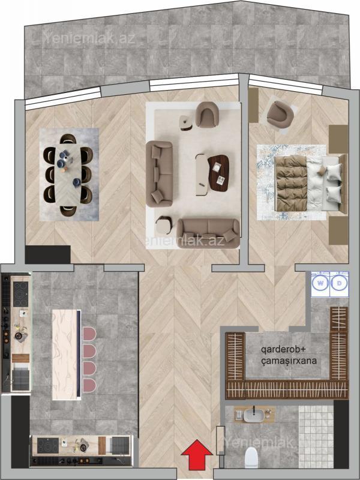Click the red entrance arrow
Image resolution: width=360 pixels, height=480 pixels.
(x=197, y=455)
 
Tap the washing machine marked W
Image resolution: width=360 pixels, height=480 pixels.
(x=320, y=283)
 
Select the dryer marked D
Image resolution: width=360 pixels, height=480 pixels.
(x=339, y=283)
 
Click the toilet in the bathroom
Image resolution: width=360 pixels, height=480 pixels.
(x=251, y=457)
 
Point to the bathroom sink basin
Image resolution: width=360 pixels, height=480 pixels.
(x=254, y=415)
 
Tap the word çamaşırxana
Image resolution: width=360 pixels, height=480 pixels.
(x=289, y=361)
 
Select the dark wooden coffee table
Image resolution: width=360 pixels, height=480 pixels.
(x=218, y=173)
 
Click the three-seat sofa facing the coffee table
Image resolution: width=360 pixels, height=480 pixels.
(x=159, y=173)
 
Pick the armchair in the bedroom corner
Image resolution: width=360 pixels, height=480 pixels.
(x=280, y=115)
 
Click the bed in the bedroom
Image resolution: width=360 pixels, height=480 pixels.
(x=311, y=183)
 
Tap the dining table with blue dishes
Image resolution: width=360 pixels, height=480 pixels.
(x=68, y=174)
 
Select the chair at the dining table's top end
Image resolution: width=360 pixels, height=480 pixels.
(x=68, y=139)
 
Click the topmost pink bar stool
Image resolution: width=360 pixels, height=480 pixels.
(x=89, y=334)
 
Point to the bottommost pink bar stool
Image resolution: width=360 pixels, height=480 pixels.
(x=89, y=385)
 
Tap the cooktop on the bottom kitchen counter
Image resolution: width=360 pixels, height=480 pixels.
(x=48, y=446)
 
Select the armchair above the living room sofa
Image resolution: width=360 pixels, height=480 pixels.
(x=206, y=115)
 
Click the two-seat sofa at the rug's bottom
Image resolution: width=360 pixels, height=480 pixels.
(x=208, y=233)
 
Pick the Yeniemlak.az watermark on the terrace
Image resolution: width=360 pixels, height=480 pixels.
(x=88, y=38)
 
